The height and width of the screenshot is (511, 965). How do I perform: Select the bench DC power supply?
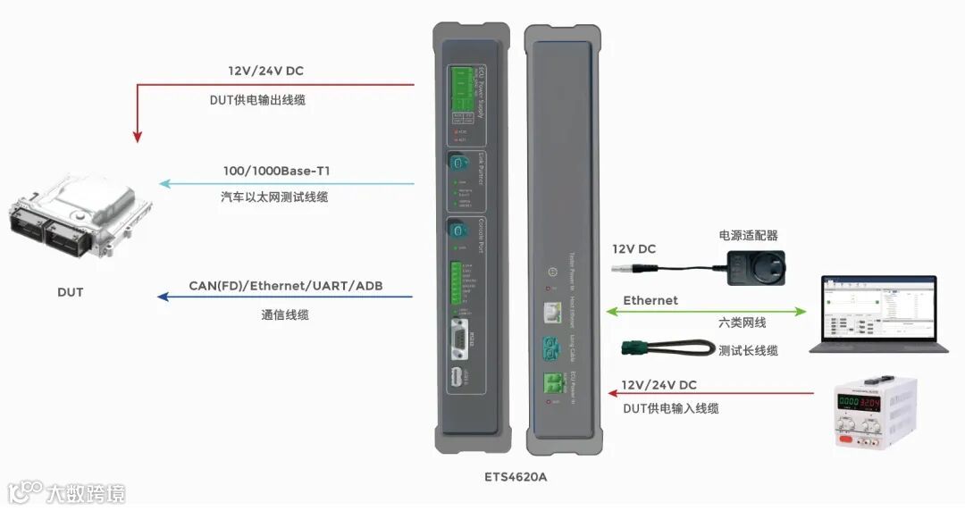(x=875, y=410)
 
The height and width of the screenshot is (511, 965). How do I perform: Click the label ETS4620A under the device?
(x=516, y=476)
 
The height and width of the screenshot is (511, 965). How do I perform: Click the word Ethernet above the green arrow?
(x=650, y=300)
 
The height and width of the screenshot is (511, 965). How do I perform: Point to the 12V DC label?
(x=634, y=249)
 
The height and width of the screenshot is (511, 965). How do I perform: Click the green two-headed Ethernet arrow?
(x=706, y=312)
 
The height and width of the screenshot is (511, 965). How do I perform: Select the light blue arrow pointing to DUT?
(x=286, y=185)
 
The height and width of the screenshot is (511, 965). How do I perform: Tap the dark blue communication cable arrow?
(x=286, y=297)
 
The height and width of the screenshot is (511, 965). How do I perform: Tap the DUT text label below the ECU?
(x=70, y=292)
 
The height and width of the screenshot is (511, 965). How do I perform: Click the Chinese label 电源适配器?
(x=748, y=236)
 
